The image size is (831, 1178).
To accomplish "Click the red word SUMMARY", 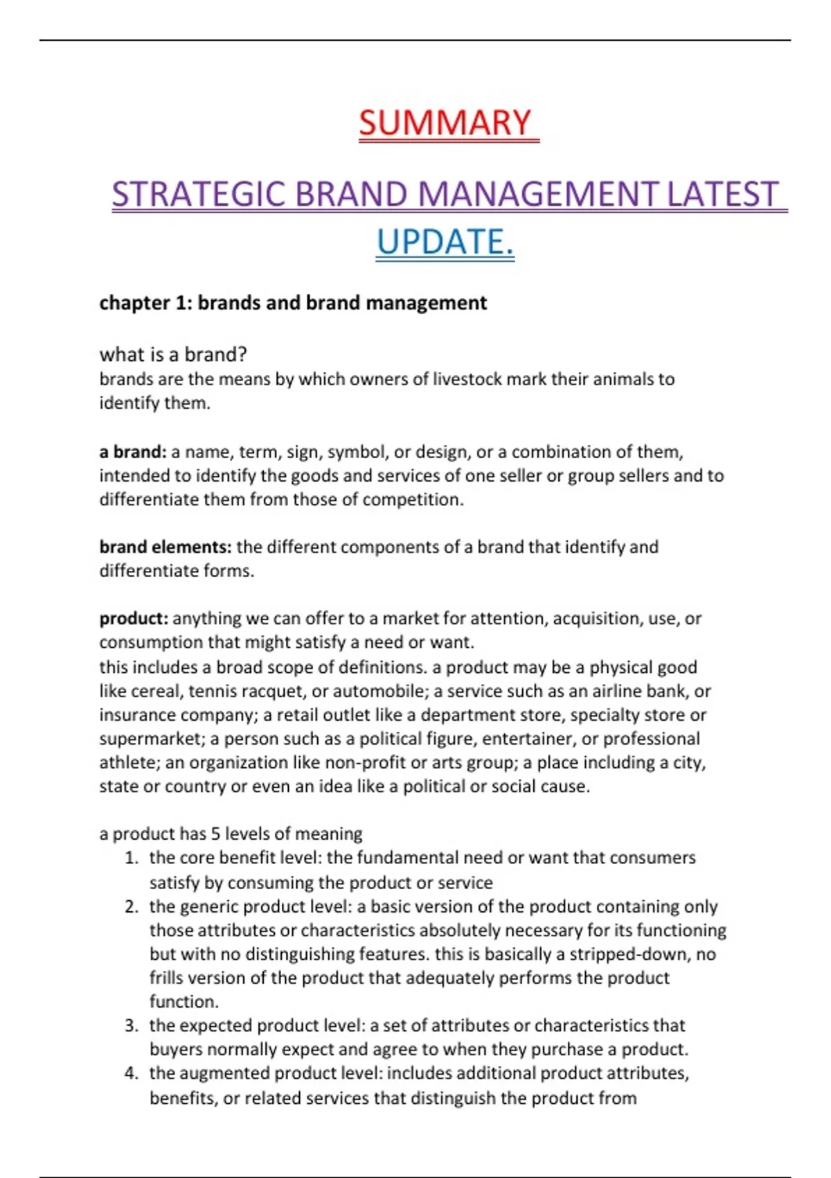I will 445,123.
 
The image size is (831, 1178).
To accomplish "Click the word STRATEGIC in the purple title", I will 198,195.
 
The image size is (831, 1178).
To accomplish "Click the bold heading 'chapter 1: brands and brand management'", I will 293,303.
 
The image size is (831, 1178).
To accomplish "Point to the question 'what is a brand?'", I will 173,355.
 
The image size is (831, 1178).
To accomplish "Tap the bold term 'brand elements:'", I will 165,547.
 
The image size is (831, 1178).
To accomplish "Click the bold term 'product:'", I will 134,618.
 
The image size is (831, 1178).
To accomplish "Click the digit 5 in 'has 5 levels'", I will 215,834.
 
